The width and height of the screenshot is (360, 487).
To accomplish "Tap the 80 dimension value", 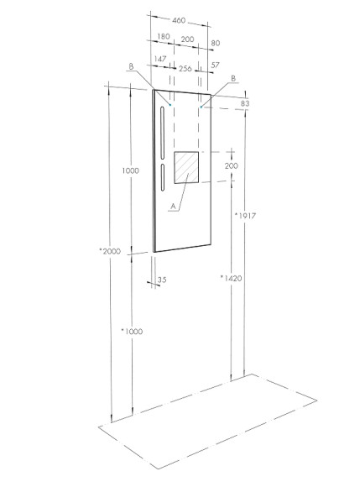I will point(215,42).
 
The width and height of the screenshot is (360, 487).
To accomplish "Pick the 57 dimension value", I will point(215,64).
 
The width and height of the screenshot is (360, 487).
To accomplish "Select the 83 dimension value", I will point(246,103).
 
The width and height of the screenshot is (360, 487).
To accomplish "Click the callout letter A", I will point(173,206).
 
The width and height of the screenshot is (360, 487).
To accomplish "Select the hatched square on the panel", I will point(186,168).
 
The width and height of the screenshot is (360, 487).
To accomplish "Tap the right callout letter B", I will point(232,77).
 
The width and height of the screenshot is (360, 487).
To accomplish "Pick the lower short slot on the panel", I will point(160,181).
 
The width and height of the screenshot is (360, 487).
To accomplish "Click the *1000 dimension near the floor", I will point(132,331).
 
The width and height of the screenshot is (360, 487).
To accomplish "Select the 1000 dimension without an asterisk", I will point(130,171).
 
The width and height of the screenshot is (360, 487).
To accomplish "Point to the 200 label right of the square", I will point(232,166).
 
